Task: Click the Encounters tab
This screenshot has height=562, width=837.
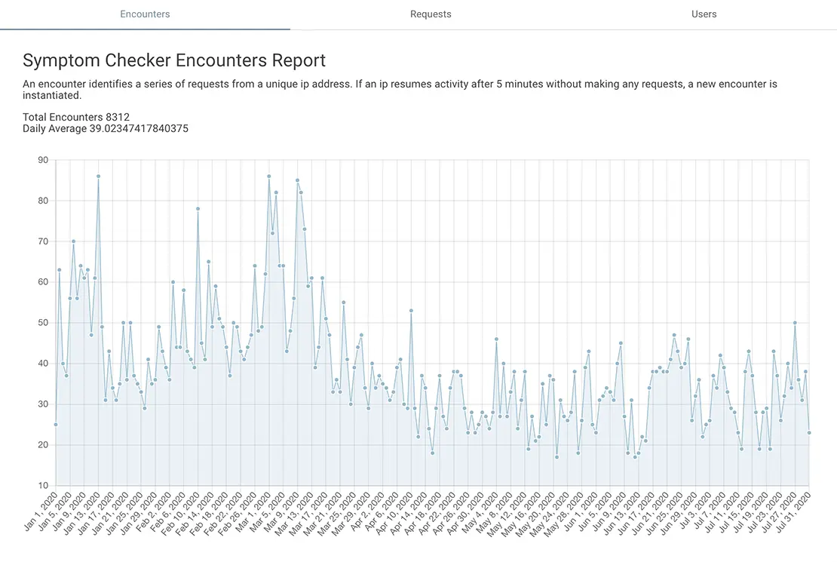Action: coord(145,14)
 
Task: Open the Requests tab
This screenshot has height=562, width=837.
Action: coord(431,14)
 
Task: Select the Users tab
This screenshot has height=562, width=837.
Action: coord(704,14)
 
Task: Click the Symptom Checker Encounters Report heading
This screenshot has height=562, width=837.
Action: coord(174,60)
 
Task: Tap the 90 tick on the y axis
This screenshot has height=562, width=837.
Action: coord(43,160)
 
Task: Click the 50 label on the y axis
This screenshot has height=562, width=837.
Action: coord(43,323)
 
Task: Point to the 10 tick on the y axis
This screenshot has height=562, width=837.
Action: coord(43,486)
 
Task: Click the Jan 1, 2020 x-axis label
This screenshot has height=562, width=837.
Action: coord(40,512)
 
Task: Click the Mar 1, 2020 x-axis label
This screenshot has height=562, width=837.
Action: coord(253,512)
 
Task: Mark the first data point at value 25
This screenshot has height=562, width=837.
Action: coord(56,425)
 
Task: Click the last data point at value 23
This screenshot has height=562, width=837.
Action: coord(809,432)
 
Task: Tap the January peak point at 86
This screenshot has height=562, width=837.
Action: coord(98,177)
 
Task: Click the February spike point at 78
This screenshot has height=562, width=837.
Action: coord(198,209)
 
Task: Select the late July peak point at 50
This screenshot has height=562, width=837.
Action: coord(795,323)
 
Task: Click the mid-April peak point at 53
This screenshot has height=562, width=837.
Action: coord(411,310)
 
